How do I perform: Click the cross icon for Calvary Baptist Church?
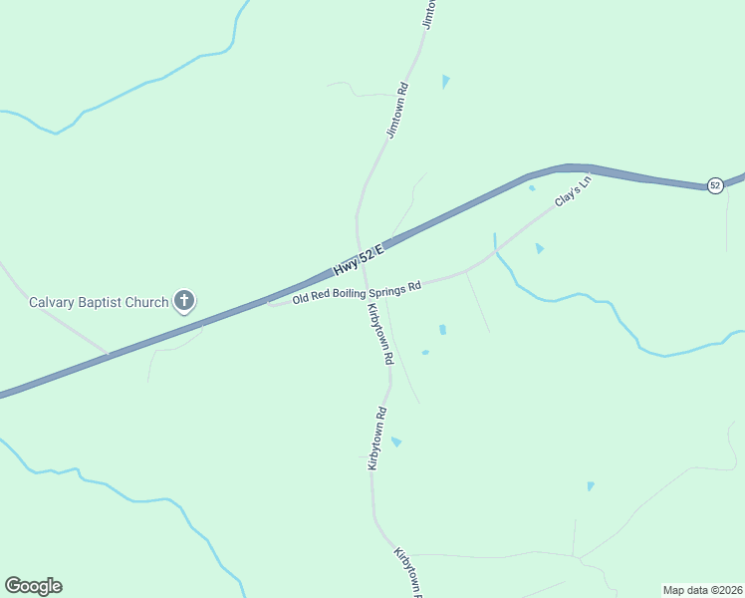(x=184, y=300)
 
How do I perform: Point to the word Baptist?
(x=105, y=302)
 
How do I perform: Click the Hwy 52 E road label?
(x=359, y=261)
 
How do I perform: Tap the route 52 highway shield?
(x=715, y=185)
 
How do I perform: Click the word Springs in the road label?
(x=391, y=288)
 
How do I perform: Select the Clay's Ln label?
(x=574, y=191)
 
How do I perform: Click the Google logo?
(x=33, y=586)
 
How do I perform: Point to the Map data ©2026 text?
(x=703, y=590)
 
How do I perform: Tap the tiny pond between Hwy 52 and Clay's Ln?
(x=532, y=187)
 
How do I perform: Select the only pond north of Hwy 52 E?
(x=445, y=81)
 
